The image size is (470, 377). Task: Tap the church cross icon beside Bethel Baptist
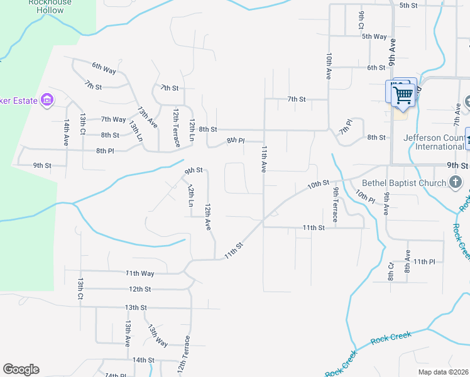[457, 183]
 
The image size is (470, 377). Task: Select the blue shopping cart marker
[403, 95]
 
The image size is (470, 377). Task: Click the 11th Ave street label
[265, 159]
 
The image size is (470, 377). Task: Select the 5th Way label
[374, 36]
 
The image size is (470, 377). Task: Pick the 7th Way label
[114, 119]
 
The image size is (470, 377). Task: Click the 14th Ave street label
[66, 133]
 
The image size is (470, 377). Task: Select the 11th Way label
[139, 273]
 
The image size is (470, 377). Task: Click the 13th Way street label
[158, 336]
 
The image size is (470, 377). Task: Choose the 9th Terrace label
[336, 205]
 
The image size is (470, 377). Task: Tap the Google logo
[21, 369]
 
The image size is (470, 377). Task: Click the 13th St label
[135, 307]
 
